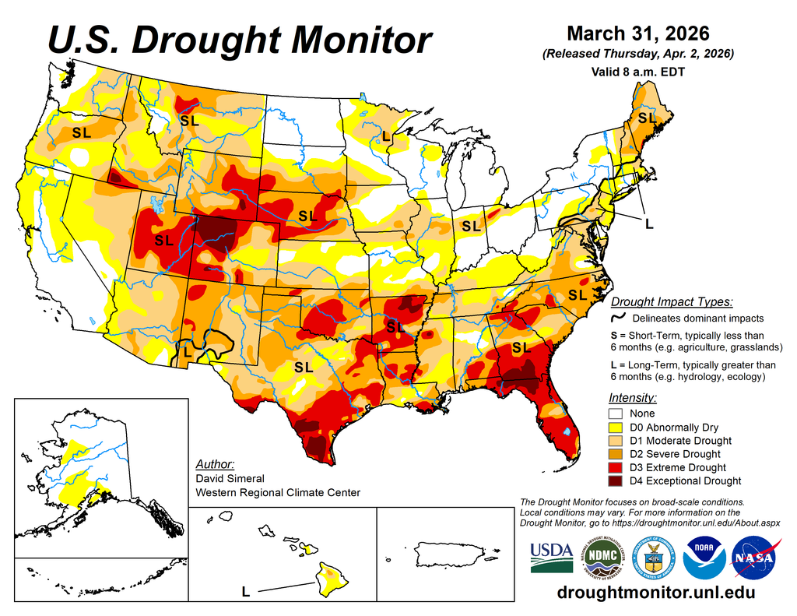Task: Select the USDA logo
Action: coord(551,558)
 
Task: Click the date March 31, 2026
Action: coord(637,33)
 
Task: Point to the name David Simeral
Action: coord(230,478)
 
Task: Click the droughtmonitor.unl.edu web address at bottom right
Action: coord(656,593)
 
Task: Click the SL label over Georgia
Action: coord(520,347)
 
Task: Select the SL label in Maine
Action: coord(647,118)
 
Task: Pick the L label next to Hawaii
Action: coord(245,592)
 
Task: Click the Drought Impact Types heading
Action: coord(671,302)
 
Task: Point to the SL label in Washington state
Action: coord(81,133)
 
